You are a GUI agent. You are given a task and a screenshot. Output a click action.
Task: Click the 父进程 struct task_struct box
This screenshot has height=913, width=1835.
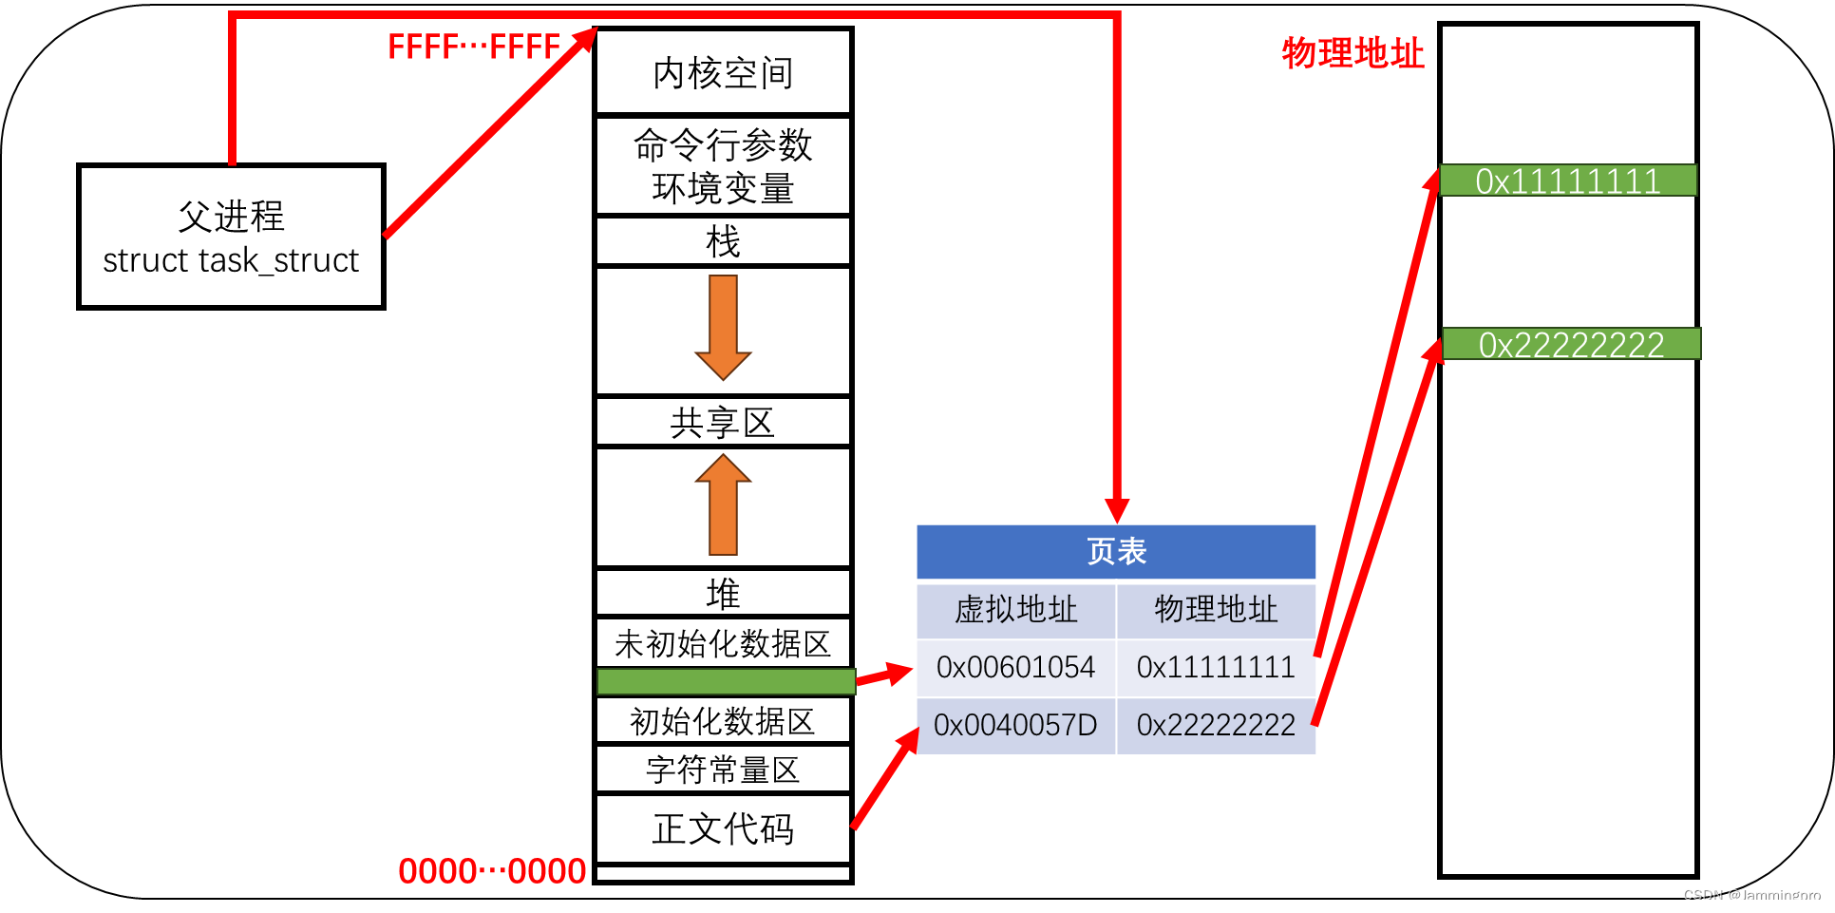[231, 237]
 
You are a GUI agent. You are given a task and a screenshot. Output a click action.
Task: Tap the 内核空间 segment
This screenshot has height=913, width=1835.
[723, 72]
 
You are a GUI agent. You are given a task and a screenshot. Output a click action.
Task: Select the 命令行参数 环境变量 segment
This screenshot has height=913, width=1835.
[723, 166]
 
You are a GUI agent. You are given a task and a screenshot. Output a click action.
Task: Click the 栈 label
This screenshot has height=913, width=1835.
[723, 241]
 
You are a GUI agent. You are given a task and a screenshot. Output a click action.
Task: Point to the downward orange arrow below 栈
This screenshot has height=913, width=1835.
[723, 327]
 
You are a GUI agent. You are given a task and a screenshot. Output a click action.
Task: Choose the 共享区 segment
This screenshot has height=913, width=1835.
[723, 423]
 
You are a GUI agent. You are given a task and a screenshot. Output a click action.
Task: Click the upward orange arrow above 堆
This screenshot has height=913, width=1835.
[723, 504]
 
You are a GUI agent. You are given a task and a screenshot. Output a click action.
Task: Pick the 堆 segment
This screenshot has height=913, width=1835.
[723, 594]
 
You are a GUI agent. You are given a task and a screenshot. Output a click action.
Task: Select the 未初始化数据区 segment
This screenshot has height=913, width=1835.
[723, 643]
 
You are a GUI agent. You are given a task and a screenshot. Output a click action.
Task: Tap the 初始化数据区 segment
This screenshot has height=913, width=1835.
[723, 721]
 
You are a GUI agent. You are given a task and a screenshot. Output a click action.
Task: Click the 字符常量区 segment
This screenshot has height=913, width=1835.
[723, 770]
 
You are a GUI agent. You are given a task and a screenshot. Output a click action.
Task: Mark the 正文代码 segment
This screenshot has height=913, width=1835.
[723, 828]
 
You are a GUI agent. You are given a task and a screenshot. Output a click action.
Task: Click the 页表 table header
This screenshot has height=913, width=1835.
[1116, 551]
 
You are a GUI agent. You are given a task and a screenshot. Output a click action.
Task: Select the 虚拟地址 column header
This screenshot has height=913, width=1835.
[1015, 610]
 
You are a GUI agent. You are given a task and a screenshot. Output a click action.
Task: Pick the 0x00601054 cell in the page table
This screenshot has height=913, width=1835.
[1015, 667]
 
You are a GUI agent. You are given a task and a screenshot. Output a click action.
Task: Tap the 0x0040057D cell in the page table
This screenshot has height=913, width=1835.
[1015, 725]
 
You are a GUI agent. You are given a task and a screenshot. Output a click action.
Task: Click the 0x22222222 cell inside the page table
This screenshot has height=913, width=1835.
[1216, 725]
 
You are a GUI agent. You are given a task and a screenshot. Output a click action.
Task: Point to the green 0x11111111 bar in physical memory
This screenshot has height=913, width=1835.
[1567, 181]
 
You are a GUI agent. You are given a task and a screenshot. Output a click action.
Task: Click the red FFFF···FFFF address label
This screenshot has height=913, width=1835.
[474, 47]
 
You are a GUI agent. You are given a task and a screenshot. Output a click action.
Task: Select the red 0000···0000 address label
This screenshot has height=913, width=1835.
[492, 870]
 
